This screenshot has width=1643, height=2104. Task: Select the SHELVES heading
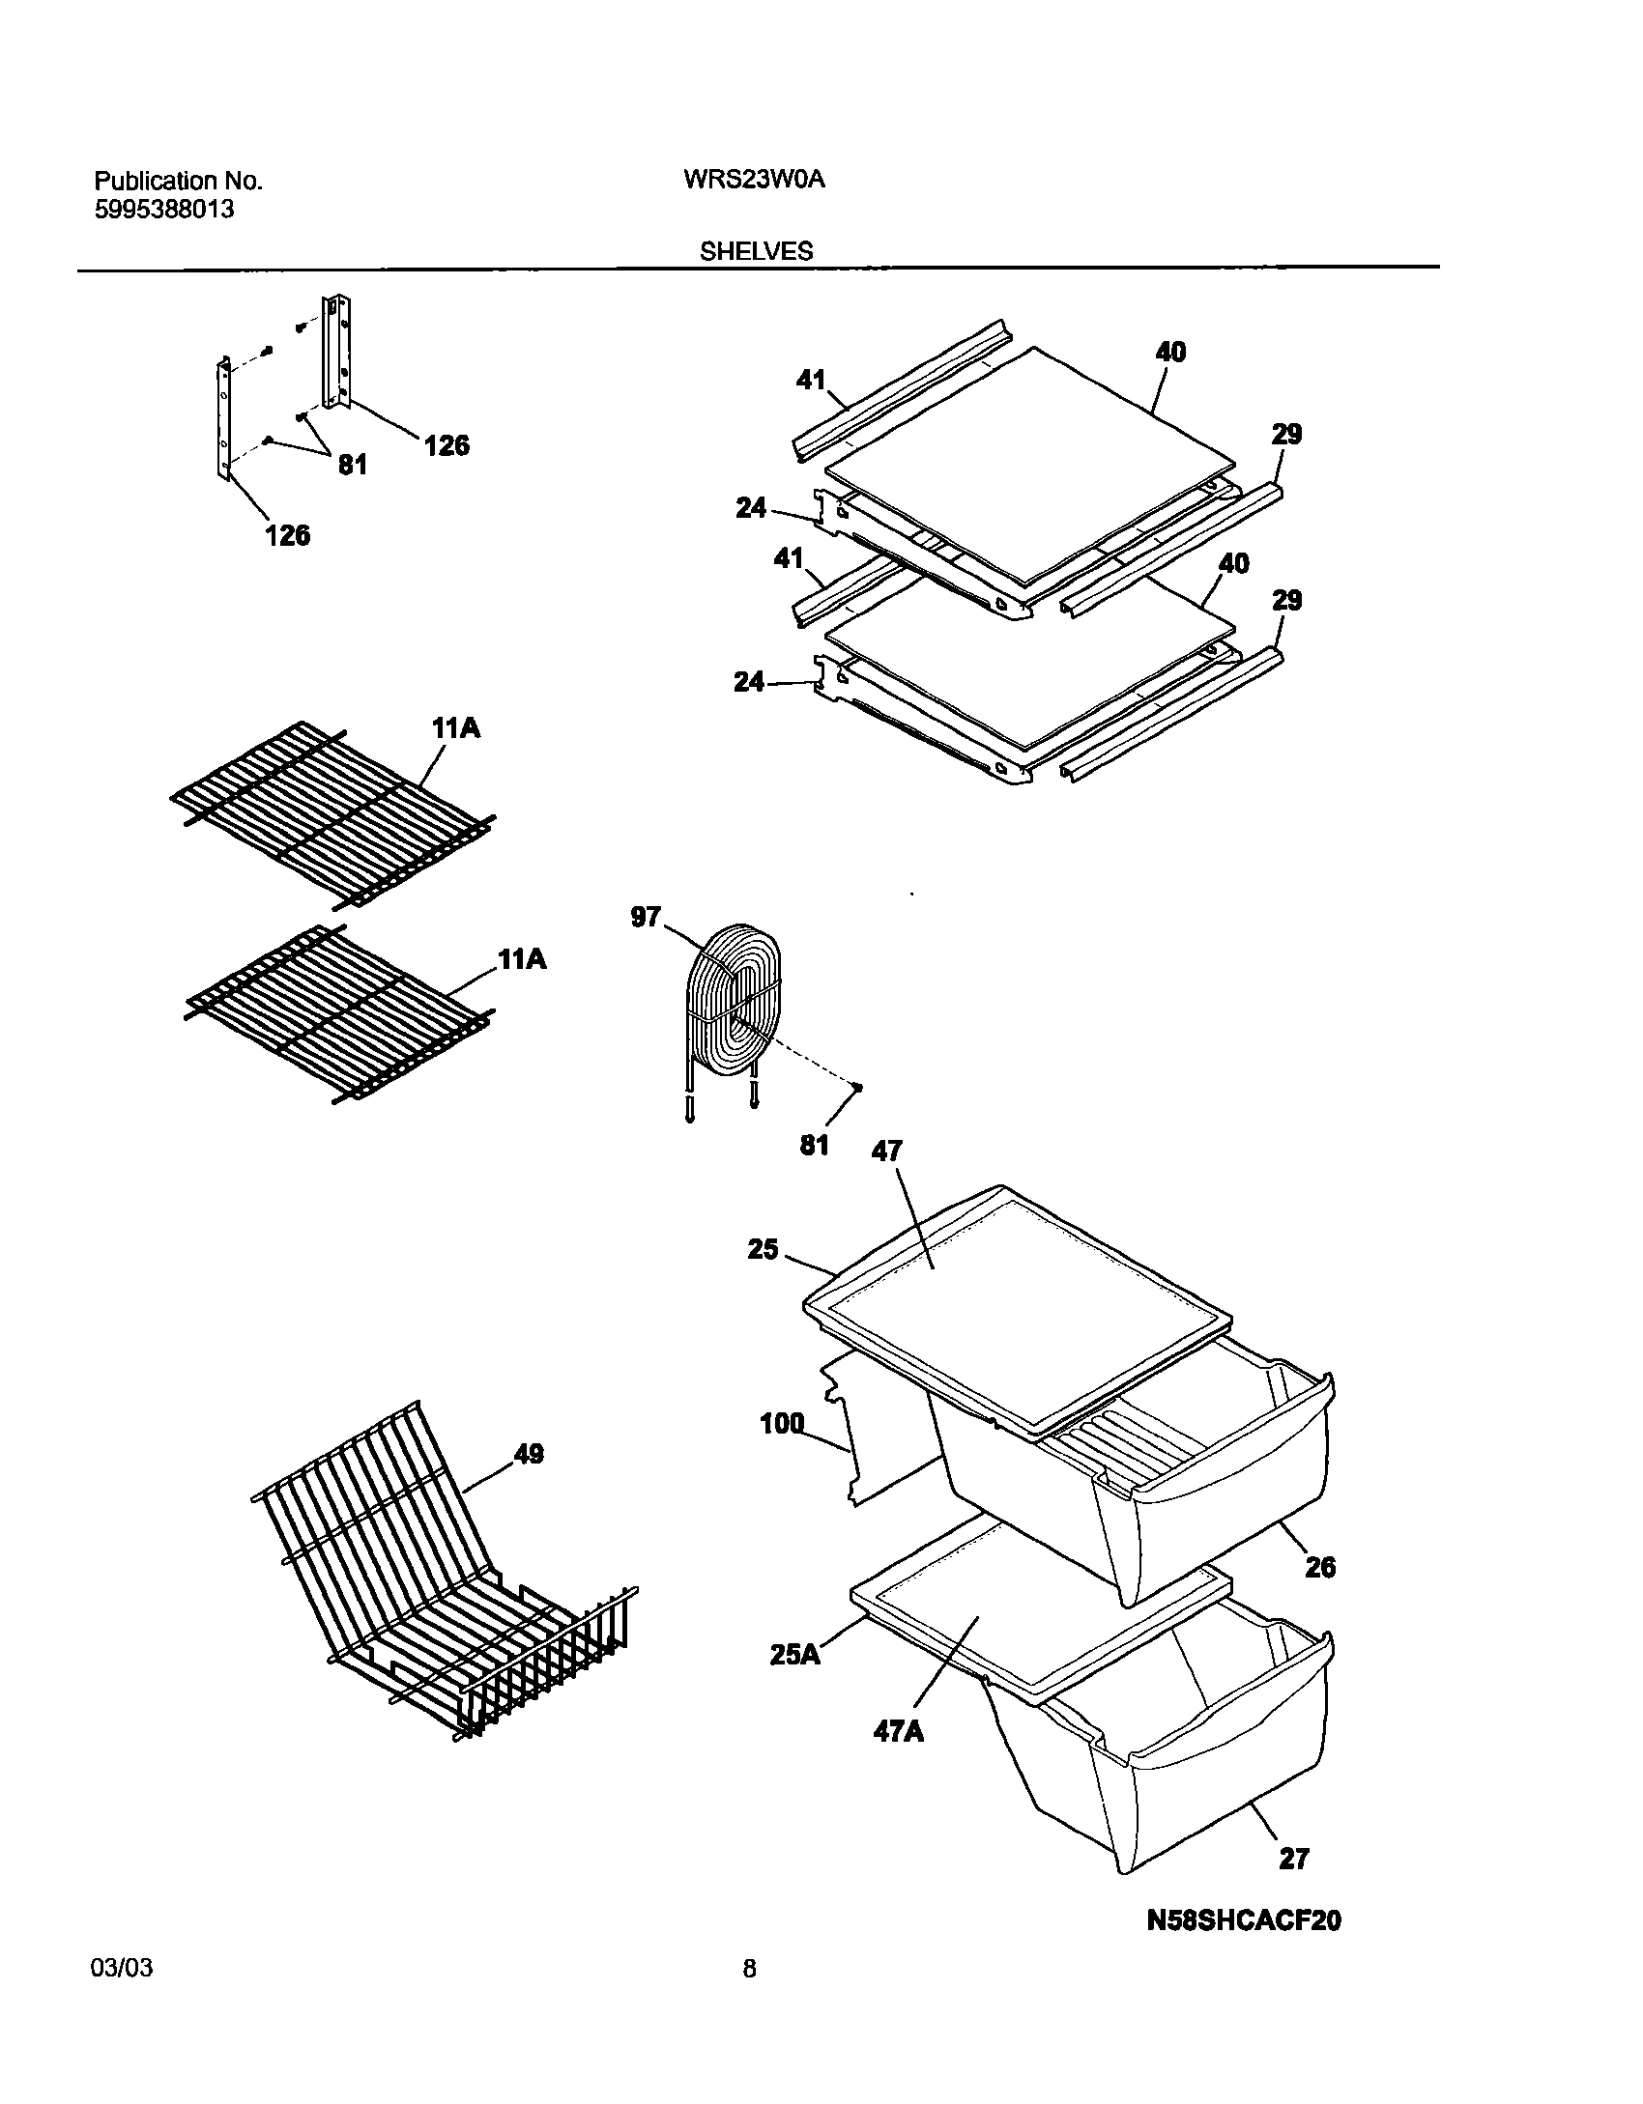pyautogui.click(x=757, y=252)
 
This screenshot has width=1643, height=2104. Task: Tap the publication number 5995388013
pyautogui.click(x=164, y=210)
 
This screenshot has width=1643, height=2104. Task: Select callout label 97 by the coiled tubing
pyautogui.click(x=646, y=917)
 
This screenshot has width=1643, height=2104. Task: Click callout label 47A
pyautogui.click(x=899, y=1731)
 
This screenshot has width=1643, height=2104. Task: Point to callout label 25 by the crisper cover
pyautogui.click(x=763, y=1250)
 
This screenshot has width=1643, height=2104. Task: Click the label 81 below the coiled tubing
pyautogui.click(x=814, y=1146)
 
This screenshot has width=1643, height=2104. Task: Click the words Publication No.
pyautogui.click(x=178, y=181)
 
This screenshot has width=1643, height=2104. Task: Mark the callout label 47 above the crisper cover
pyautogui.click(x=886, y=1151)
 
